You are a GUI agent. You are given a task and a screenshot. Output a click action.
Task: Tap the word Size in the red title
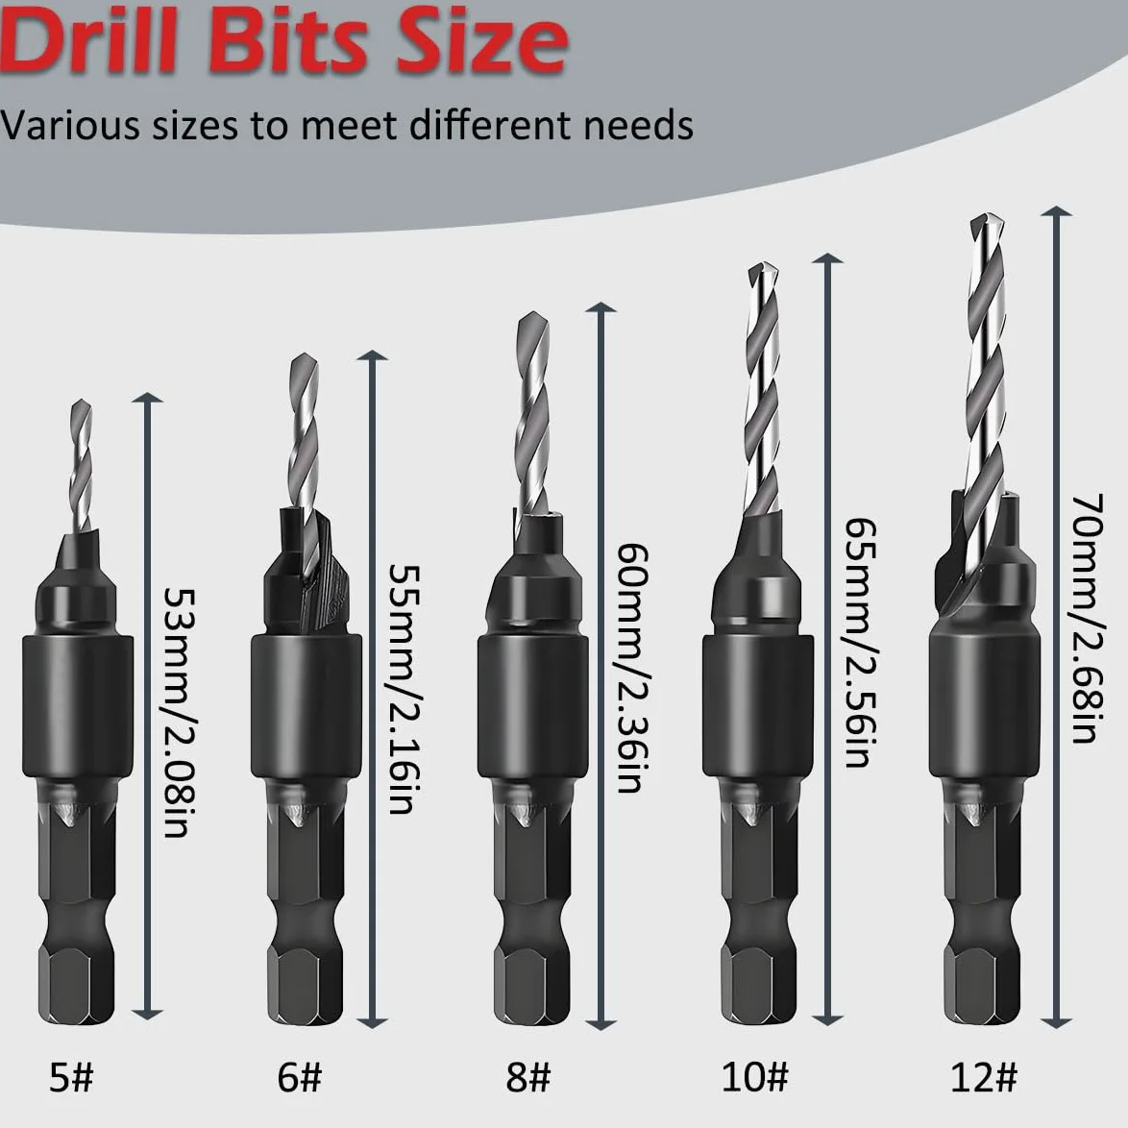482,40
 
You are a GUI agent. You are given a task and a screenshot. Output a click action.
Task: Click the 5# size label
71,1077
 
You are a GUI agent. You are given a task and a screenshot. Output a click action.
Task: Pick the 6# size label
299,1077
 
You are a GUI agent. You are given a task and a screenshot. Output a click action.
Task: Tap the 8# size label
528,1077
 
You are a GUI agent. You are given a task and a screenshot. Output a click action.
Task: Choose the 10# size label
754,1077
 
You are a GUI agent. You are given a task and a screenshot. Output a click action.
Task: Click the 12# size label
984,1077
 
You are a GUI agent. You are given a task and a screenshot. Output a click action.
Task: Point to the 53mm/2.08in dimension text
179,712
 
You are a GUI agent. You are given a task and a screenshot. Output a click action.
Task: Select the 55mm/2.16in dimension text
405,689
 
